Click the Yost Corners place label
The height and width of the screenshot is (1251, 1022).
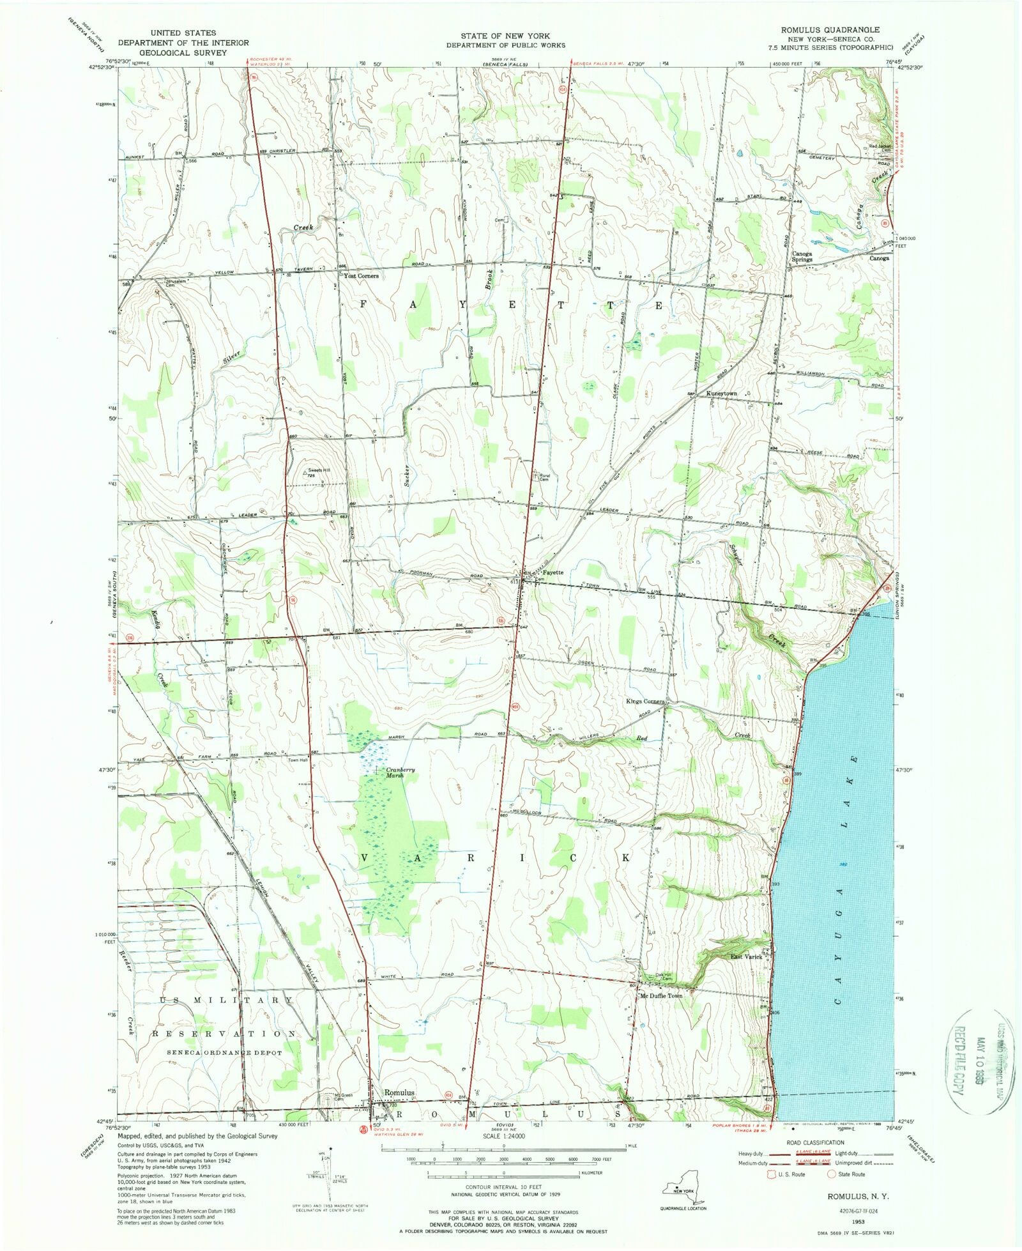click(361, 276)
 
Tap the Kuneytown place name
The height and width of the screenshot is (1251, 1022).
click(721, 394)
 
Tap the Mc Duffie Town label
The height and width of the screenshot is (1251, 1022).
click(661, 996)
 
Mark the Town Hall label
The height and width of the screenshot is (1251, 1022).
click(298, 761)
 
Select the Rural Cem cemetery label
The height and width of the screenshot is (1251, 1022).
click(544, 477)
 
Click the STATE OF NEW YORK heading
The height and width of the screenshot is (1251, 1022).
click(505, 36)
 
